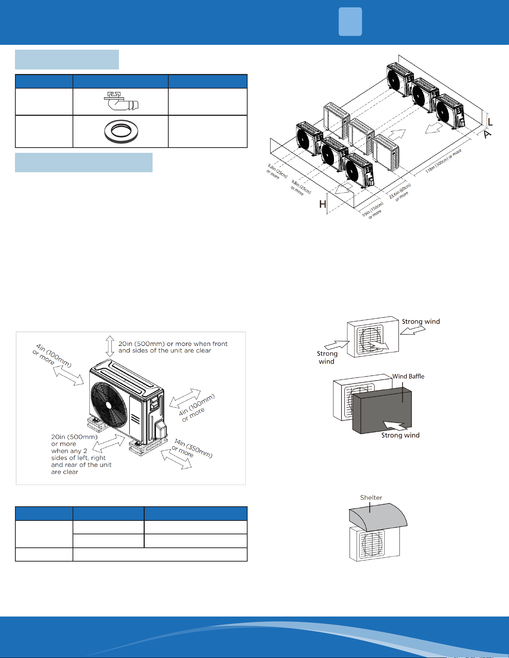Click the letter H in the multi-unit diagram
[323, 204]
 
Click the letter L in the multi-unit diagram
[490, 122]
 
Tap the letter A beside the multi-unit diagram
[487, 135]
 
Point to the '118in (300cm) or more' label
[444, 161]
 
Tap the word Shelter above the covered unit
[371, 498]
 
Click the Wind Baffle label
[408, 376]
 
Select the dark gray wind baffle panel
[382, 411]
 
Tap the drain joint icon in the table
[121, 101]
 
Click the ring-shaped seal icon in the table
[121, 132]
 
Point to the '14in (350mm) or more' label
[192, 448]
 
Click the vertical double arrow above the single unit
[110, 346]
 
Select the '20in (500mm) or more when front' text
[173, 344]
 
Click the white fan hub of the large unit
[108, 405]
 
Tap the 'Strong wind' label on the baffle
[400, 435]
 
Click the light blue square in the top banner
[350, 22]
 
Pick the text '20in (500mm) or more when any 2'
[74, 444]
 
